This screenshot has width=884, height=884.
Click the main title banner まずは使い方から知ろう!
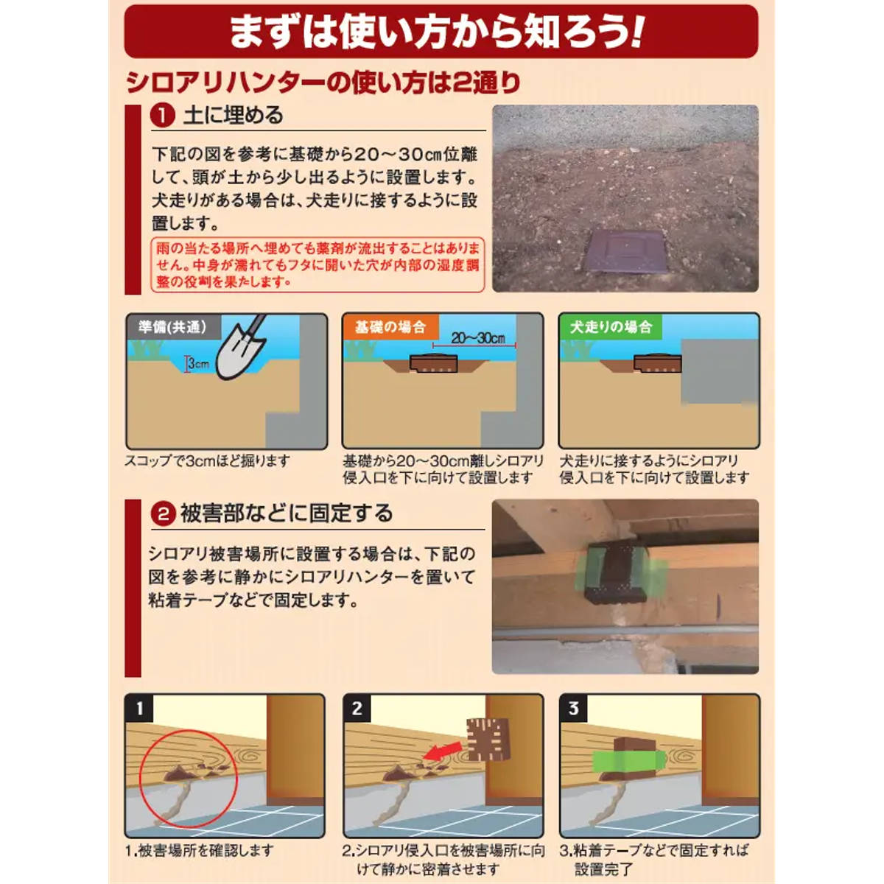point(441,32)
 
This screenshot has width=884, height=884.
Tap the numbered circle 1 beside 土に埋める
point(162,116)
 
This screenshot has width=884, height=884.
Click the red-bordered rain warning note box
point(318,264)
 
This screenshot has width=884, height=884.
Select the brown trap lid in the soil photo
point(627,251)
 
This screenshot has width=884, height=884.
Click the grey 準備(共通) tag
point(173,327)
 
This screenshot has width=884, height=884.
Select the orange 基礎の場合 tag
point(390,327)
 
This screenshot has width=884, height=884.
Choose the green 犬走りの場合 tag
point(611,327)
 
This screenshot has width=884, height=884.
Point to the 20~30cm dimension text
point(477,338)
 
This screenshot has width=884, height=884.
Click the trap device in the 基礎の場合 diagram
point(433,363)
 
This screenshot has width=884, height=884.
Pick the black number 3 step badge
point(573,709)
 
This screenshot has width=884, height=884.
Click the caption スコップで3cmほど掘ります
point(207,460)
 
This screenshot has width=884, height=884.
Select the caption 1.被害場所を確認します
point(200,851)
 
